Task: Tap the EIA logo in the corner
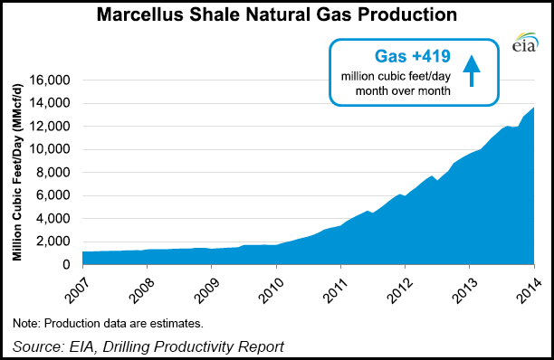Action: [524, 45]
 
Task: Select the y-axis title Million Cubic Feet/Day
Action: [18, 172]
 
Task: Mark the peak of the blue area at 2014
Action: [533, 108]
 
